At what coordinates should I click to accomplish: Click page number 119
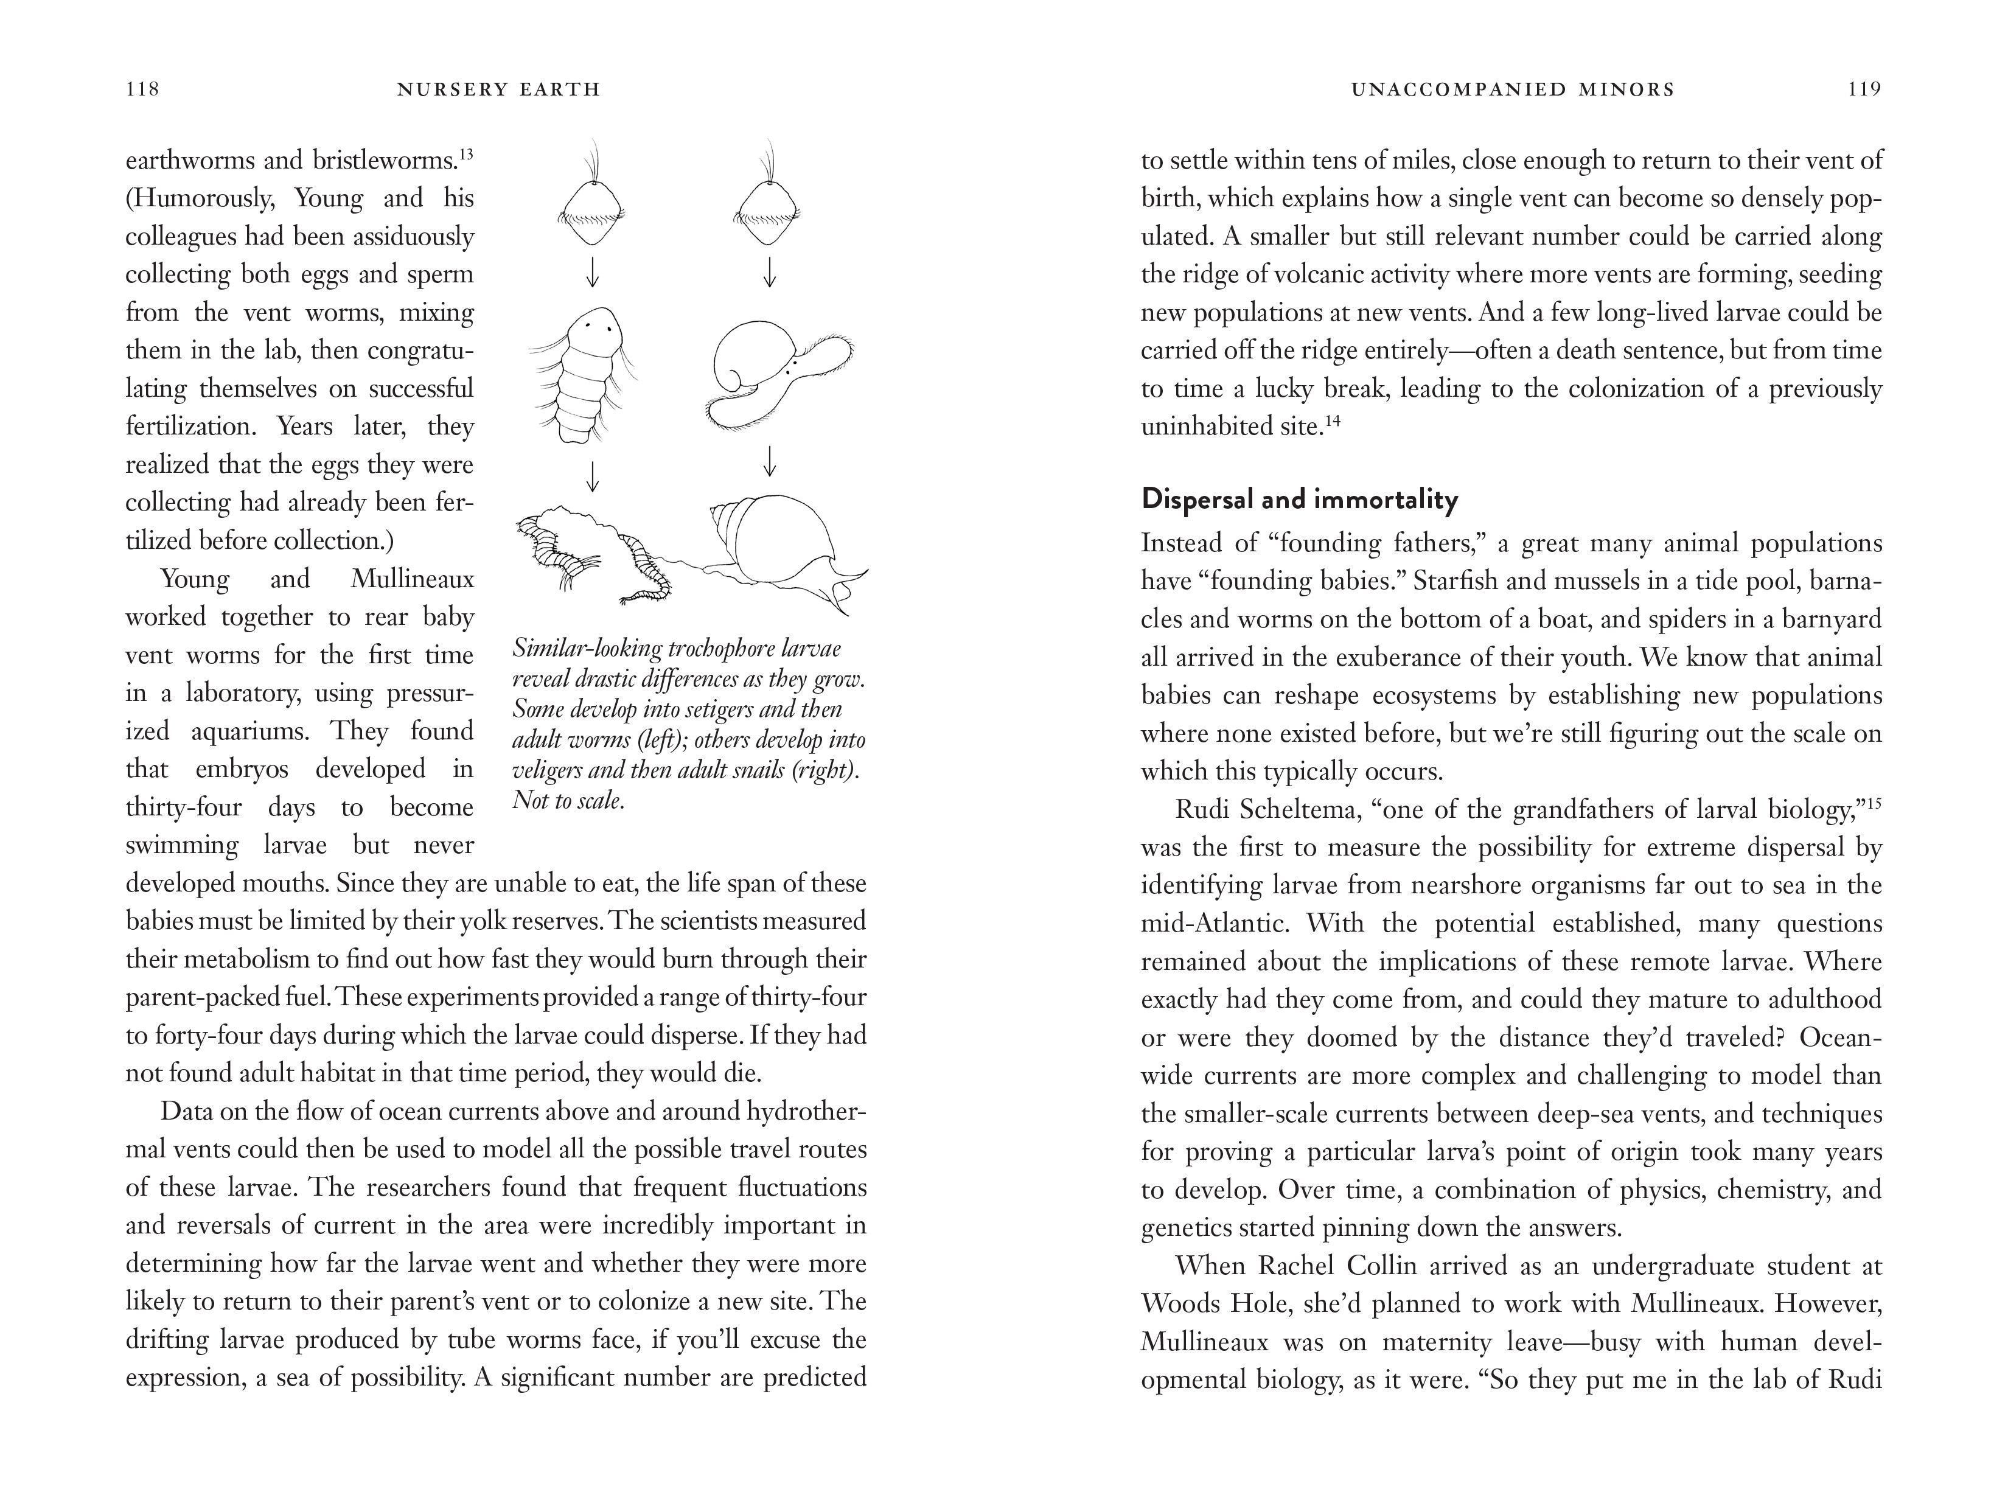tap(1864, 89)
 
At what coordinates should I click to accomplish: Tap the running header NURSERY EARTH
tap(500, 89)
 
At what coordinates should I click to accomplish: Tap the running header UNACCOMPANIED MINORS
tap(1512, 89)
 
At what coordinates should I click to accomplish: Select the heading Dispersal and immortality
tap(1300, 500)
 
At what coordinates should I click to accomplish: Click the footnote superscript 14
tap(1332, 420)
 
